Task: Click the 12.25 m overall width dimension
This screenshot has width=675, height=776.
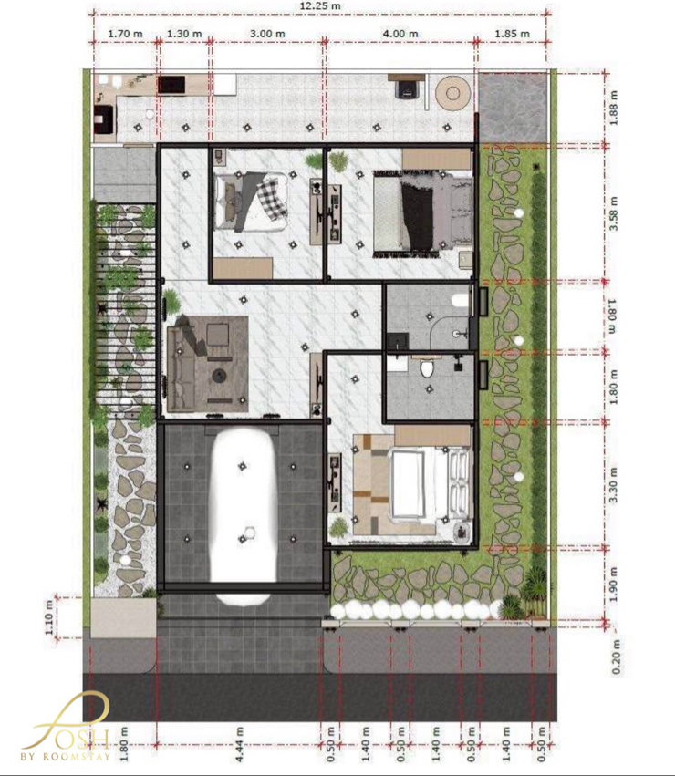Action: click(x=320, y=6)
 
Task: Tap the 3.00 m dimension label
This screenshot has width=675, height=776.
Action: click(x=267, y=34)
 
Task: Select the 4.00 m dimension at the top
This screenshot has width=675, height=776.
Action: click(x=400, y=34)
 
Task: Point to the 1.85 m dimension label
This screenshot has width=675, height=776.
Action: click(x=512, y=34)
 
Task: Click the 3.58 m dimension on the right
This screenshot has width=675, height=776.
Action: click(x=614, y=213)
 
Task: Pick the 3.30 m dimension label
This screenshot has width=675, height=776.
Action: click(x=614, y=485)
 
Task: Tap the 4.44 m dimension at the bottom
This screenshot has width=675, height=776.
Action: click(x=240, y=744)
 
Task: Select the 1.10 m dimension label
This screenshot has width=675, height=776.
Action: click(x=48, y=617)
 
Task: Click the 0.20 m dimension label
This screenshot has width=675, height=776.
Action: click(x=616, y=657)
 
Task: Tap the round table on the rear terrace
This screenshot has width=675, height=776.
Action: click(x=452, y=92)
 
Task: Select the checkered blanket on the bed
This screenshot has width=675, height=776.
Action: click(x=273, y=197)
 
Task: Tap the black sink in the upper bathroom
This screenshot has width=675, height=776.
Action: click(x=398, y=340)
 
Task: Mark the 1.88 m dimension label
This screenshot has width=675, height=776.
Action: click(x=614, y=108)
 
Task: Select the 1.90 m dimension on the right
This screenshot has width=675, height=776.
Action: click(x=614, y=584)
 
